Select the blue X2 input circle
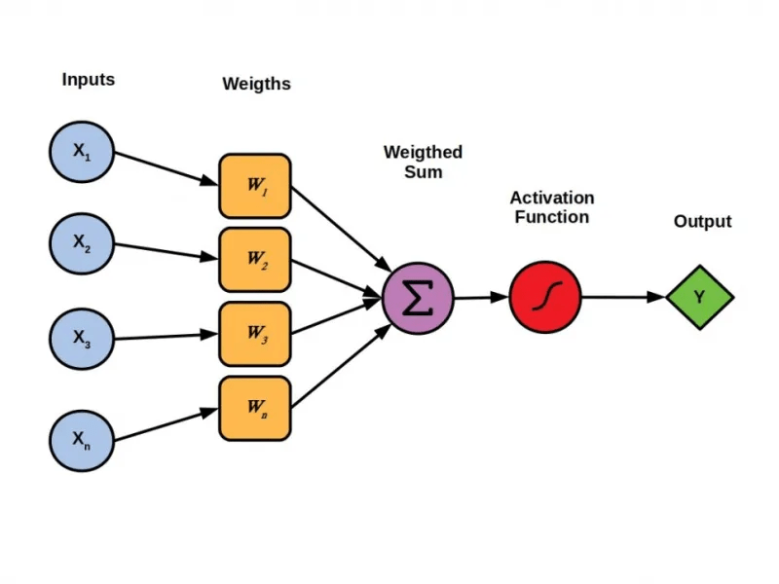[x=83, y=244]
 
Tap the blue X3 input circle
[x=83, y=338]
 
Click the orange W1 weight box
[x=254, y=185]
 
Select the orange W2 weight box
[x=254, y=259]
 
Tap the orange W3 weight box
[x=254, y=333]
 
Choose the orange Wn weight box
[x=254, y=408]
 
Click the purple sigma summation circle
[x=418, y=298]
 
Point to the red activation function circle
[x=544, y=297]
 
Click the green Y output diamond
[x=699, y=297]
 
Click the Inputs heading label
[x=88, y=80]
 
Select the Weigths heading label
[x=256, y=84]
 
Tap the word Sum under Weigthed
[x=423, y=172]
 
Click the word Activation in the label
[x=551, y=198]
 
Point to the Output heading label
[x=702, y=222]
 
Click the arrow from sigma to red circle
[x=481, y=297]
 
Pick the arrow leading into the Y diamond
[x=623, y=297]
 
